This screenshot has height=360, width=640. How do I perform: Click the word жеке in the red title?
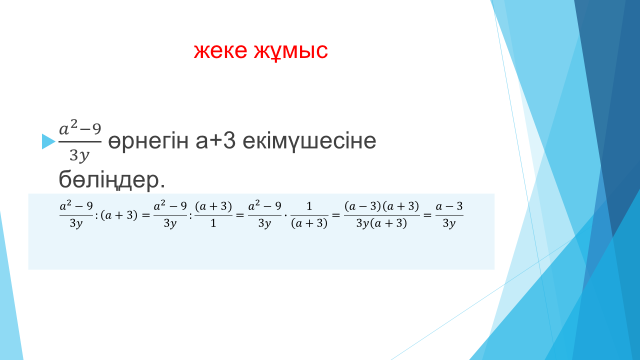[220, 51]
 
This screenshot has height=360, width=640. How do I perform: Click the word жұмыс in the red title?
[291, 52]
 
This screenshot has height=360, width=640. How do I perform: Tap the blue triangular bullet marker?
[49, 141]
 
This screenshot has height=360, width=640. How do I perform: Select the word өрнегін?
[149, 141]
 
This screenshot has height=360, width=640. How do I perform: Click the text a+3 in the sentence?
[216, 141]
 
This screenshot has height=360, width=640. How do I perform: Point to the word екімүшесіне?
[309, 141]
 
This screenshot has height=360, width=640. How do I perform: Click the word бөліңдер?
[112, 180]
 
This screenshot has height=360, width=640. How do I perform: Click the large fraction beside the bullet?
[80, 142]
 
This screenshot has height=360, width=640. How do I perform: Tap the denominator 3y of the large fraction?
[79, 156]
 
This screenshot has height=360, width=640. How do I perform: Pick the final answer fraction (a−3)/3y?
[449, 215]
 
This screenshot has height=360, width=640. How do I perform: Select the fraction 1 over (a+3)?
[309, 215]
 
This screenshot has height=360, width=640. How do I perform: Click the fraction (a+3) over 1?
[213, 215]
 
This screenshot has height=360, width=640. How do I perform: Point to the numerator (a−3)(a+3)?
[382, 207]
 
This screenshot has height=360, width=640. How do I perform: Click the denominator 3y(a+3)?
[382, 223]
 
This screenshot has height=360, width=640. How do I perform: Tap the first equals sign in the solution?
[146, 215]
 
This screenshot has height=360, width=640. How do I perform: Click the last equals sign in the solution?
[427, 215]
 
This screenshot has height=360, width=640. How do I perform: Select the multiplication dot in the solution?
[286, 215]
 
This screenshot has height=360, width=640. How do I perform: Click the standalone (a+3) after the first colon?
[119, 215]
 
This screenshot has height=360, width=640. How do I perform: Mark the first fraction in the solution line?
[76, 215]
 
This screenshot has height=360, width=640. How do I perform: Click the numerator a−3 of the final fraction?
[449, 207]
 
